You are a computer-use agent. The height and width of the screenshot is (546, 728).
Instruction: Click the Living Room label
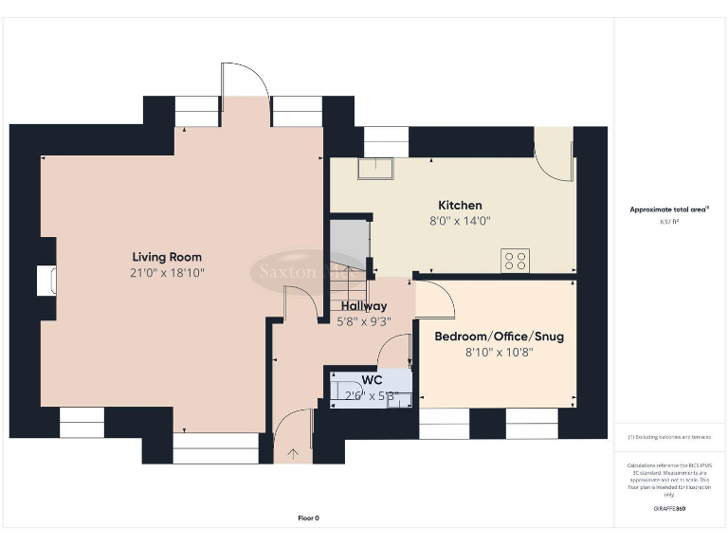coord(167,257)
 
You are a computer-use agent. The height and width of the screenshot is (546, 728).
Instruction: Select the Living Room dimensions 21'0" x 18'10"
coord(167,272)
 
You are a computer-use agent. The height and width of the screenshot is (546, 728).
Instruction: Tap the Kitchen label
coord(460,206)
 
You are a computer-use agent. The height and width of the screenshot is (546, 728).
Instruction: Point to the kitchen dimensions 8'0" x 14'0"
coord(460,221)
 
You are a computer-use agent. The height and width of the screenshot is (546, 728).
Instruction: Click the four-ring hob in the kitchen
coord(515,260)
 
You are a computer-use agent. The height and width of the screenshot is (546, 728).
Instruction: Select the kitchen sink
coord(377,168)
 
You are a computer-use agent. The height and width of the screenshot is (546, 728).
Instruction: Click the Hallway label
coord(364,306)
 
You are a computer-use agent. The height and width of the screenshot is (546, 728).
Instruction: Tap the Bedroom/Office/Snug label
coord(499,337)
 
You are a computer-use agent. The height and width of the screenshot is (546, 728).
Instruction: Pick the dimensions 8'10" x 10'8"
coord(499,352)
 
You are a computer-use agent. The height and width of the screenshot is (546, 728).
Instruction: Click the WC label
coord(372,380)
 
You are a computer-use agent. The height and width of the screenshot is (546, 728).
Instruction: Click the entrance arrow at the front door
coord(293,454)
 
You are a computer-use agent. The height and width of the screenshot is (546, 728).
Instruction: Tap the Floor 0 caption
coord(308,518)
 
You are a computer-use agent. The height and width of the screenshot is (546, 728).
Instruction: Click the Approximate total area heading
coord(670,209)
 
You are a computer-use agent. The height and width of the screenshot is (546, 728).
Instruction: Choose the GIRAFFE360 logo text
coord(669,509)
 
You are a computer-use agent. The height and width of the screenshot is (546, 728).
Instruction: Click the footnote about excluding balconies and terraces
coord(669,437)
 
